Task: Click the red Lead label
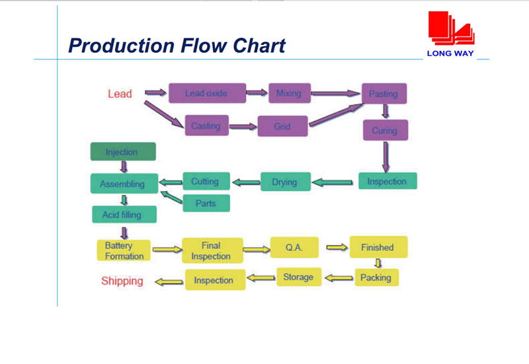[x=120, y=94]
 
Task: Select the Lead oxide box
[x=207, y=93]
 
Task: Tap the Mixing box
[x=290, y=93]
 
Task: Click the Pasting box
[x=384, y=93]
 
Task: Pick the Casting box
[x=206, y=126]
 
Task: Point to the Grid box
[x=282, y=126]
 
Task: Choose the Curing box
[x=386, y=130]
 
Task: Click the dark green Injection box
[x=123, y=151]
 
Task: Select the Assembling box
[x=124, y=184]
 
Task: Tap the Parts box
[x=206, y=203]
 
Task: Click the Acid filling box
[x=124, y=214]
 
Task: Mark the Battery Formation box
[x=124, y=250]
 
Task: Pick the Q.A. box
[x=294, y=247]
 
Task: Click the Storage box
[x=299, y=277]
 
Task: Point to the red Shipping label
[x=122, y=281]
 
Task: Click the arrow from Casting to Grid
[x=243, y=127]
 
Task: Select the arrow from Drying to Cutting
[x=246, y=183]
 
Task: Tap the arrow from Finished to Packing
[x=378, y=263]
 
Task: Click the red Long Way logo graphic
[x=452, y=28]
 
